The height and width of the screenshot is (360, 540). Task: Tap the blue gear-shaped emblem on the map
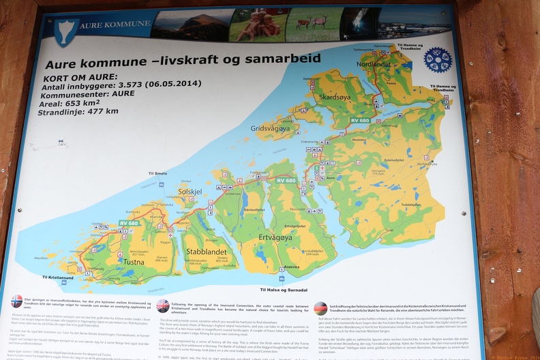(438, 60)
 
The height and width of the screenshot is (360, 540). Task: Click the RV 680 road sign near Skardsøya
(359, 121)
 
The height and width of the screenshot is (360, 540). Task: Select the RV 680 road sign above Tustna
(129, 223)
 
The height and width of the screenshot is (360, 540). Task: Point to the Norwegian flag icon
(17, 301)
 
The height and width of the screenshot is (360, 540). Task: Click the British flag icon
(163, 305)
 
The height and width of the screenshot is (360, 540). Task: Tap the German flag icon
(320, 308)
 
